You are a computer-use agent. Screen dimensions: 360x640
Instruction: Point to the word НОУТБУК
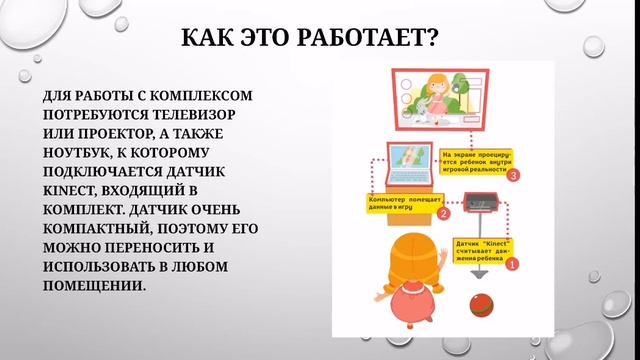point(81,151)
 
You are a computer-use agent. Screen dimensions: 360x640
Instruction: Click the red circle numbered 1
point(512,265)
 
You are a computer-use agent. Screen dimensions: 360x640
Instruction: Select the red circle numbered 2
point(444,212)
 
